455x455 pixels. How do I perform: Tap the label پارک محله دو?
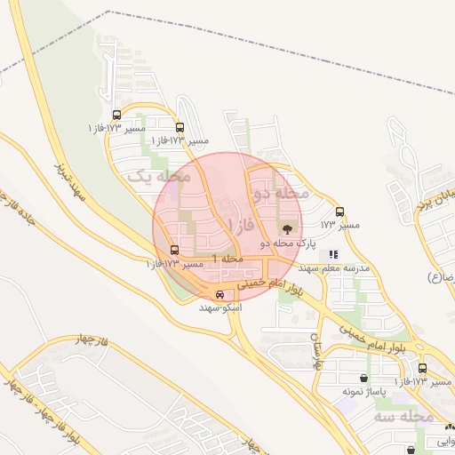(287, 243)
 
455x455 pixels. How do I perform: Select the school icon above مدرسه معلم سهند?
(333, 255)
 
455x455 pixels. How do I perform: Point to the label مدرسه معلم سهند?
(333, 267)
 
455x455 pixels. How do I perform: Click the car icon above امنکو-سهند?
(220, 295)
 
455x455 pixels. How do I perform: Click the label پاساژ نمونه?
(361, 390)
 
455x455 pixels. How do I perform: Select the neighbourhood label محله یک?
(160, 177)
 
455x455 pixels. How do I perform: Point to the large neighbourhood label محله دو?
(281, 192)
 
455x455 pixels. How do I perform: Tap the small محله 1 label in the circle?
(227, 258)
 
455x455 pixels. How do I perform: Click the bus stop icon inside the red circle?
(174, 251)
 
